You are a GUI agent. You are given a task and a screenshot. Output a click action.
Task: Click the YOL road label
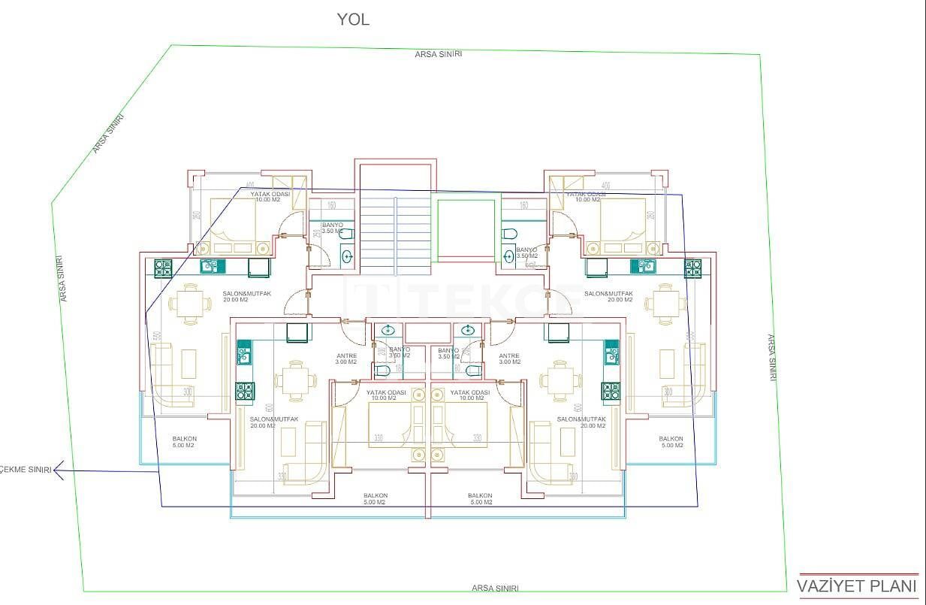point(353,20)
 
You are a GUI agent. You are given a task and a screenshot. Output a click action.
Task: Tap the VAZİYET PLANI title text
point(857,586)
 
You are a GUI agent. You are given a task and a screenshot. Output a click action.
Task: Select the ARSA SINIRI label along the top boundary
point(438,54)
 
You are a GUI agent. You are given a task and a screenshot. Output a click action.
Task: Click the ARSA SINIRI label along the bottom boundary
point(494,588)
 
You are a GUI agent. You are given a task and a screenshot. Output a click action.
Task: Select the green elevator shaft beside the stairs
point(466,228)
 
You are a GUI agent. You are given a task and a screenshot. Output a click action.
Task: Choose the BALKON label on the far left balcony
point(184,442)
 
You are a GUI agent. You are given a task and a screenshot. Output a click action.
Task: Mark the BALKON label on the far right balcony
point(671,442)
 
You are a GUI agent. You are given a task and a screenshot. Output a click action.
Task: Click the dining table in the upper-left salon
point(185,304)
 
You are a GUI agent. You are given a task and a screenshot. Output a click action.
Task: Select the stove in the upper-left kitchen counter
point(163,266)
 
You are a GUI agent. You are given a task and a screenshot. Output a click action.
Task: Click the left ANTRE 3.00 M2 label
point(346,358)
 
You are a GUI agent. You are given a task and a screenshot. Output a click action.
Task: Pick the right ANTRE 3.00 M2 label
point(509,358)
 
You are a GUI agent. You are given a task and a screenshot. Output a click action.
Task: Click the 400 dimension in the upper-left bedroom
point(250,186)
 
